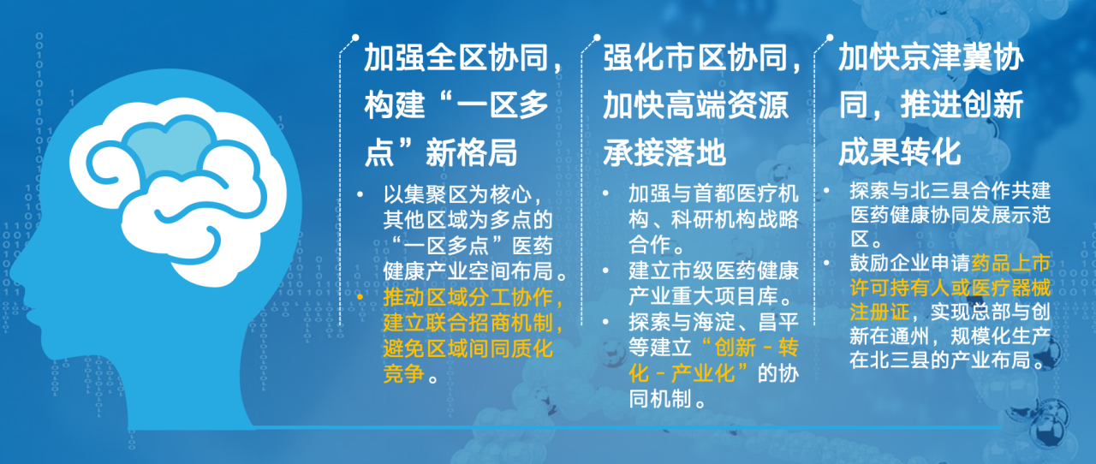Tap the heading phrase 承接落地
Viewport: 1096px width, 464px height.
[x=664, y=152]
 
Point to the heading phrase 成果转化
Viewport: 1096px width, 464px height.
[x=900, y=152]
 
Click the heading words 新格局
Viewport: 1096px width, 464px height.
[x=472, y=152]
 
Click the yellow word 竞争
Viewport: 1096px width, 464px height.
[x=403, y=374]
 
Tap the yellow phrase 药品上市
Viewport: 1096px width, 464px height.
[x=1010, y=264]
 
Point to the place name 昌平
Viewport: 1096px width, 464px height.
[x=778, y=322]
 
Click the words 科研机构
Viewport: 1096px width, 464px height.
[x=713, y=219]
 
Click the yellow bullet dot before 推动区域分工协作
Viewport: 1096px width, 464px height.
[x=360, y=297]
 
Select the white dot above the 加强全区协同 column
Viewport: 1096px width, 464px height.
[x=355, y=38]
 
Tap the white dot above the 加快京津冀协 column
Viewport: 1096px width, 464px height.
[x=830, y=38]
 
